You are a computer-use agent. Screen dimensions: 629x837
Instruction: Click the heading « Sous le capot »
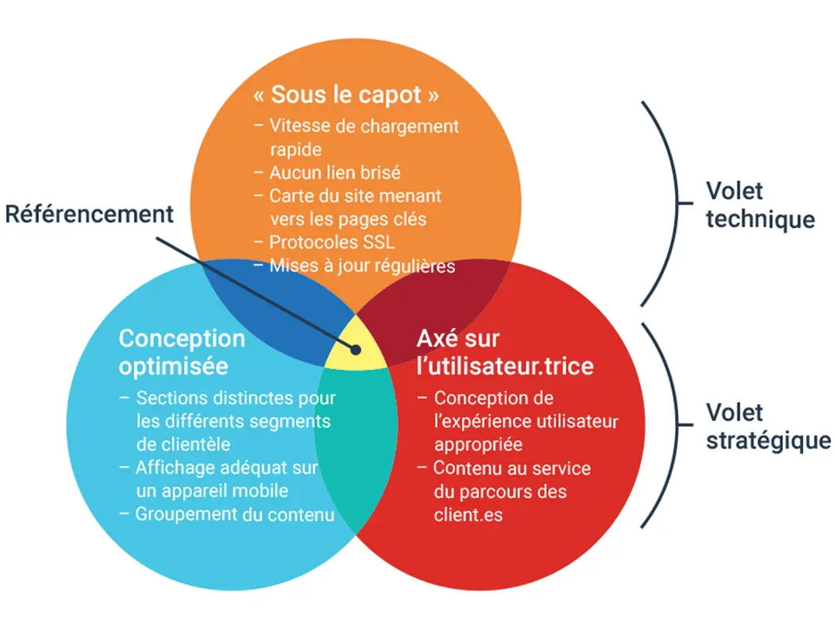pyautogui.click(x=346, y=95)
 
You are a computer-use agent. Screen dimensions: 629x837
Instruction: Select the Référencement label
pyautogui.click(x=90, y=214)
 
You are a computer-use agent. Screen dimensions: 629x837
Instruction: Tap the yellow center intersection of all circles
pyautogui.click(x=355, y=347)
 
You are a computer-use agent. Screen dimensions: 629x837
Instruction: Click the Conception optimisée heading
pyautogui.click(x=182, y=351)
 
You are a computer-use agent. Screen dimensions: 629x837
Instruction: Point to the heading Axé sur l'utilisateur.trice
pyautogui.click(x=505, y=351)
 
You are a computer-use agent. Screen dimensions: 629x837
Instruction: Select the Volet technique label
pyautogui.click(x=759, y=206)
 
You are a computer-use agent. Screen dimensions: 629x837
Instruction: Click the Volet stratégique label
pyautogui.click(x=767, y=427)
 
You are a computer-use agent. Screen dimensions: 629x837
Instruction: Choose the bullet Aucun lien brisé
pyautogui.click(x=335, y=173)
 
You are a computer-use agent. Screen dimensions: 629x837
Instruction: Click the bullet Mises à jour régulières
pyautogui.click(x=361, y=265)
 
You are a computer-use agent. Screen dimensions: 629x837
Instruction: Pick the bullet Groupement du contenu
pyautogui.click(x=234, y=514)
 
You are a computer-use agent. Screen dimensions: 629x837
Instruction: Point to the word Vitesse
pyautogui.click(x=298, y=126)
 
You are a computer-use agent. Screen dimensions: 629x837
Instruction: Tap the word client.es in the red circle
pyautogui.click(x=468, y=514)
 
